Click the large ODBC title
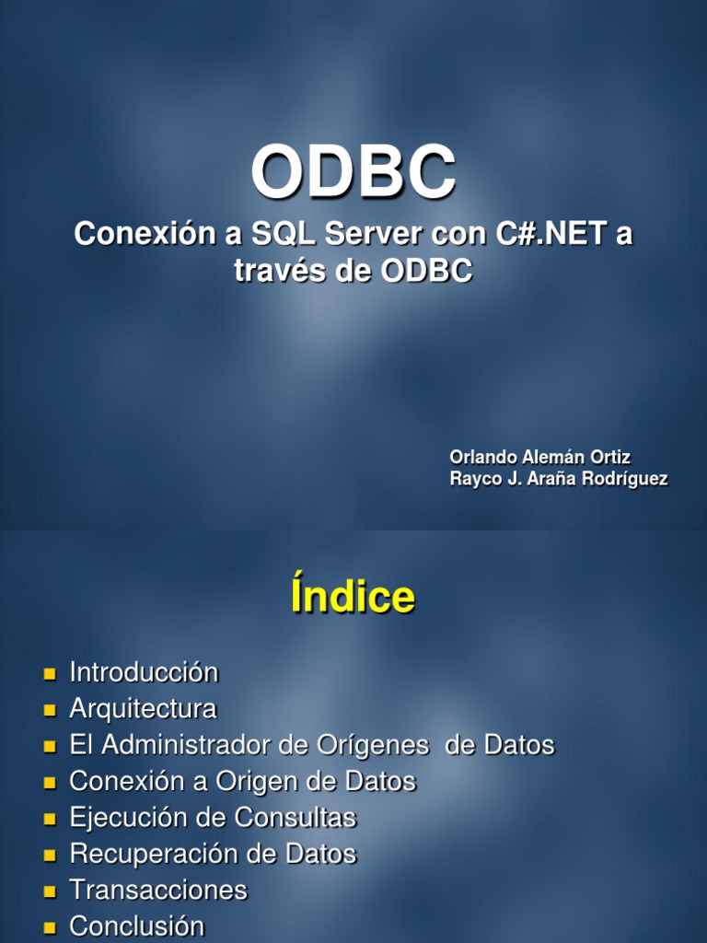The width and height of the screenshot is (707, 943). tap(353, 173)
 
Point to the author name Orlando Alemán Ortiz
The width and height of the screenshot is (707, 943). tap(539, 457)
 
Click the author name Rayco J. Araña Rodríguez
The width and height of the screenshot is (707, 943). tap(558, 479)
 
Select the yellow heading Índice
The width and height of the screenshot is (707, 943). tap(353, 598)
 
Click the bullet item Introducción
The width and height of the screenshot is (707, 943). tap(144, 672)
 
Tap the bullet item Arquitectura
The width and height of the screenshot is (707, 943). tap(143, 709)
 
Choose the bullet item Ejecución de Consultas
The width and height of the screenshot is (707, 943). tap(213, 818)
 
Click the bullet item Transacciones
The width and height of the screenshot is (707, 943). tap(158, 891)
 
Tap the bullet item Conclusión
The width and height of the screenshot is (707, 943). tap(136, 926)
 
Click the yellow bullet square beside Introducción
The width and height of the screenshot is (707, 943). tap(50, 674)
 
